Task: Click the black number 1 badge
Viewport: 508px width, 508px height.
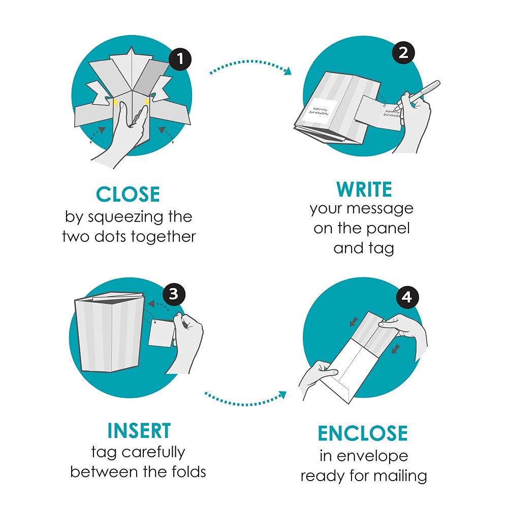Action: tap(180, 59)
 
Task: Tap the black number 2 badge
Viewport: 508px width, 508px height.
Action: tap(403, 52)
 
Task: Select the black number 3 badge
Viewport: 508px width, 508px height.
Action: tap(174, 294)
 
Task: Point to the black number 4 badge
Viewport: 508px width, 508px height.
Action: tap(407, 297)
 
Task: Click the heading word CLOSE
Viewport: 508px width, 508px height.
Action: tap(128, 195)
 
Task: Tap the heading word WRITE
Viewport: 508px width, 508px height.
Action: tap(364, 189)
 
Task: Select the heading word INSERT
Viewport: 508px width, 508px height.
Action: tap(139, 431)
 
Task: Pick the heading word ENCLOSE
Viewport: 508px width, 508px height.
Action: tap(363, 433)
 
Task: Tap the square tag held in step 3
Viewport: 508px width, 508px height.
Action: tap(162, 333)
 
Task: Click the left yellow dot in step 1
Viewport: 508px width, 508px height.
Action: tap(115, 103)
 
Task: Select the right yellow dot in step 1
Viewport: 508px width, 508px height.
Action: tap(147, 102)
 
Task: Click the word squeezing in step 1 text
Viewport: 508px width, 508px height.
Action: tap(125, 217)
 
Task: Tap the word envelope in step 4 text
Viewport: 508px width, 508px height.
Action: tap(372, 457)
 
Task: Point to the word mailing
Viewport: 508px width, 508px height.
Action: tap(400, 477)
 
